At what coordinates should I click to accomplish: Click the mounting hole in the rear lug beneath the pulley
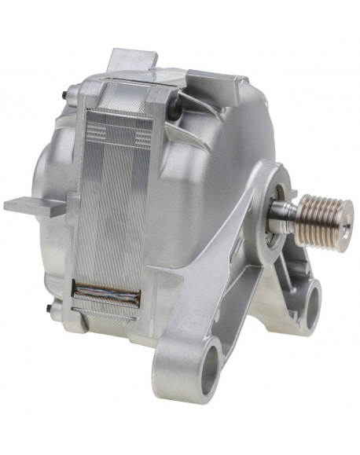(x=307, y=299)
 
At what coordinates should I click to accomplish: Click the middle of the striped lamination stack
(x=118, y=212)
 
